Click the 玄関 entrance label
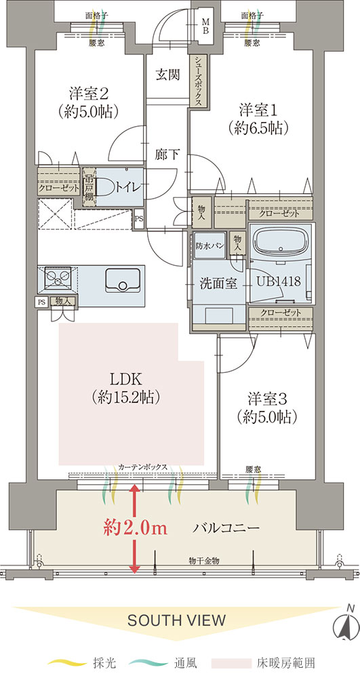point(167,75)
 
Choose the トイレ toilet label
point(127,187)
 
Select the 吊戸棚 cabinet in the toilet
point(89,187)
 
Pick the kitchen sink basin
point(123,281)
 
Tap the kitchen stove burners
point(58,277)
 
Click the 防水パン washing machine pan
point(209,245)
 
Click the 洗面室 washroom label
point(218,283)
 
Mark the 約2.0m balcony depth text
point(135,529)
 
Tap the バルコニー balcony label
point(226,528)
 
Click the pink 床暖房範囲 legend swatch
point(232,662)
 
